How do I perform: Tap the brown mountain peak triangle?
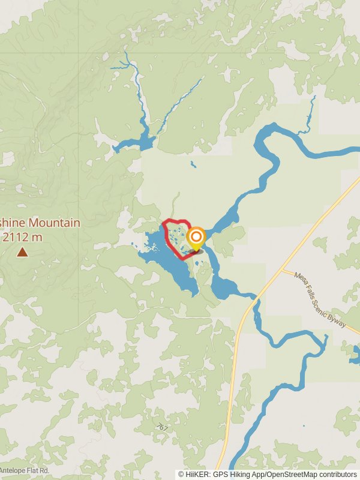[x=22, y=252]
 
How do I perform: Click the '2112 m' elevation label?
[x=22, y=236]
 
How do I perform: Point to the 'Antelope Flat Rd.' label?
[x=24, y=470]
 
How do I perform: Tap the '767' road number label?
[x=162, y=427]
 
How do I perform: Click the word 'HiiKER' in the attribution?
[x=198, y=474]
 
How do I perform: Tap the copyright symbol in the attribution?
[x=181, y=474]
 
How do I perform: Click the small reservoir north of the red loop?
[x=135, y=144]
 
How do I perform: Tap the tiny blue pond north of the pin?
[x=193, y=163]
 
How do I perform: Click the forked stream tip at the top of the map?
[x=125, y=60]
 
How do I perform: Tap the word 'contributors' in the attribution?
[x=338, y=474]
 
